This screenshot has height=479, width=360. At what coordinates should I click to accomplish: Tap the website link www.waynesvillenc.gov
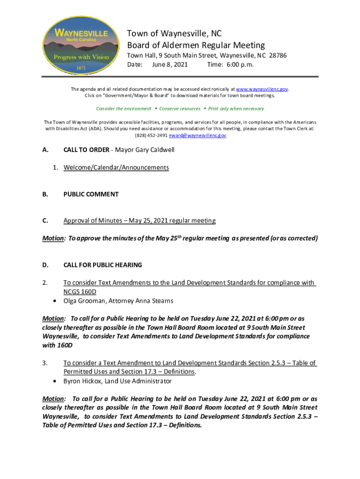tap(262, 89)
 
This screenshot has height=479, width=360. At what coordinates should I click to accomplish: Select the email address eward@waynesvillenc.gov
tap(198, 135)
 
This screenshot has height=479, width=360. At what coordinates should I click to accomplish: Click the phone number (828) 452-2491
tap(151, 135)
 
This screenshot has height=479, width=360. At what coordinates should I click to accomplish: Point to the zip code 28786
tap(278, 56)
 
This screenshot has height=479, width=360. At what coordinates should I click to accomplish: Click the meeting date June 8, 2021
tap(170, 65)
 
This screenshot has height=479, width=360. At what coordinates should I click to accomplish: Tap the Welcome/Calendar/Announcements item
tap(116, 167)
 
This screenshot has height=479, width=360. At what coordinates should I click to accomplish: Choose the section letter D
tap(45, 265)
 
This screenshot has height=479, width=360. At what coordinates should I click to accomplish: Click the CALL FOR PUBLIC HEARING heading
tap(102, 265)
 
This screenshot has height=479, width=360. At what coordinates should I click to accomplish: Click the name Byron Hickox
tap(83, 381)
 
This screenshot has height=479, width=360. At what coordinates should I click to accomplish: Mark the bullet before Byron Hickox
tap(56, 381)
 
